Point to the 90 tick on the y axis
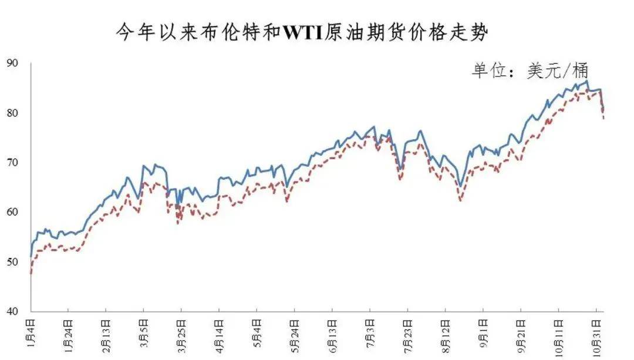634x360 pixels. pyautogui.click(x=12, y=63)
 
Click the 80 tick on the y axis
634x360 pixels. pyautogui.click(x=12, y=113)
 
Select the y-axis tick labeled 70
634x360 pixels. pyautogui.click(x=12, y=163)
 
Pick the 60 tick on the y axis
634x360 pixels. pyautogui.click(x=12, y=212)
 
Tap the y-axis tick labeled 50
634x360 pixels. pyautogui.click(x=12, y=262)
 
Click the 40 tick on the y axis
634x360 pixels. pyautogui.click(x=12, y=311)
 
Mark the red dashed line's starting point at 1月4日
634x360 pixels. pyautogui.click(x=31, y=274)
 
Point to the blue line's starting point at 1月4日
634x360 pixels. pyautogui.click(x=31, y=257)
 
